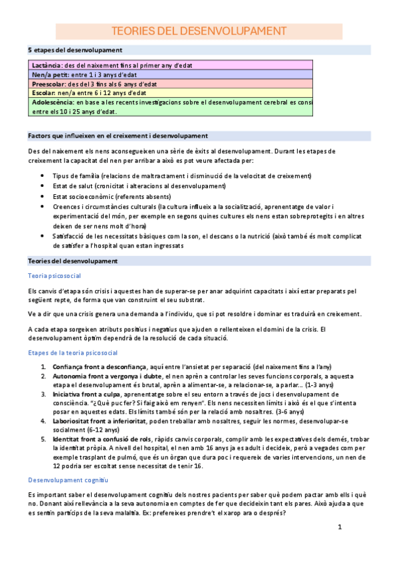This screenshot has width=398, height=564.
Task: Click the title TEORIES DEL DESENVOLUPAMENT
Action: point(199,32)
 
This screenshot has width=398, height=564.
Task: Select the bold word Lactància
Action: point(45,65)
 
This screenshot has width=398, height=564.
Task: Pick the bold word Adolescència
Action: point(52,103)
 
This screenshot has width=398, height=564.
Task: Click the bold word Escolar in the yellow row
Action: point(42,94)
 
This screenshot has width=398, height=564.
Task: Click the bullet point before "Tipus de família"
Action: point(43,176)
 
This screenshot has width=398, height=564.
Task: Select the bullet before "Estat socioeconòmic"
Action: point(43,196)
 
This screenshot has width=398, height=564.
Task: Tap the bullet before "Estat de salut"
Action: point(43,186)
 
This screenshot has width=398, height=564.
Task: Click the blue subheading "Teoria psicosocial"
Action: point(54,275)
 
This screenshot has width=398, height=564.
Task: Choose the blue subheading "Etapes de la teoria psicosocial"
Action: point(73,352)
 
